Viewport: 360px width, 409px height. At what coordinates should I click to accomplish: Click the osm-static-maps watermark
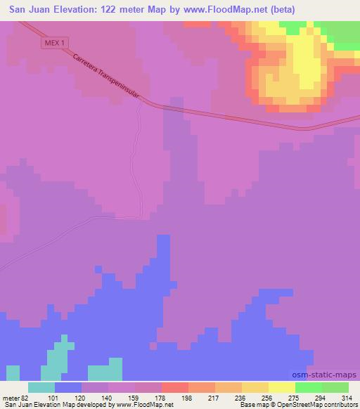[328, 375]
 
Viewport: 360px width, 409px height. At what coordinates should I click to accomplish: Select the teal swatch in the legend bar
[42, 387]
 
